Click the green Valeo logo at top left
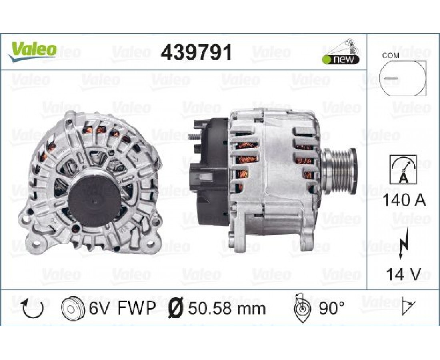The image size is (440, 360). [x=32, y=52]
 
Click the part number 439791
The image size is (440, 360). [x=196, y=52]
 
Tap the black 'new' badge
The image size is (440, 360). [x=340, y=60]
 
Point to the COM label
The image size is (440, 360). [x=390, y=56]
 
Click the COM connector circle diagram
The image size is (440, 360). [x=402, y=78]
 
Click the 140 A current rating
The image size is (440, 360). [x=404, y=200]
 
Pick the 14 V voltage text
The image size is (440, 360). [x=404, y=274]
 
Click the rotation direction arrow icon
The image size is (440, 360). [x=32, y=308]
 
